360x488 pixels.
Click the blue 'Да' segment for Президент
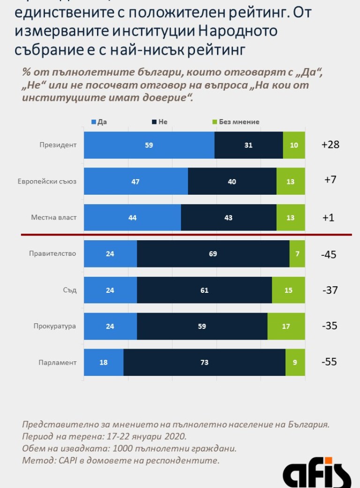[149, 145]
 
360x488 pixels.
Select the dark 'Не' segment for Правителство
[213, 254]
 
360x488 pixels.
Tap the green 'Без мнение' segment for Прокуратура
[286, 326]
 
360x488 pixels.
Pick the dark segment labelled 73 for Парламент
[204, 362]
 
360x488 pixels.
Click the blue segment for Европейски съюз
[136, 182]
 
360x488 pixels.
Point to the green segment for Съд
[288, 290]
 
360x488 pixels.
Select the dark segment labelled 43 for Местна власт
[228, 218]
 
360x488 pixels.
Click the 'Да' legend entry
[99, 122]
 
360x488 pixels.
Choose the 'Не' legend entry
[159, 122]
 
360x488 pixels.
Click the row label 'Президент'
[58, 145]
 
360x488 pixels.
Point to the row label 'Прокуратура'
[54, 326]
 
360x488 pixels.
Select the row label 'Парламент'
[57, 362]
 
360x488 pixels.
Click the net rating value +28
[330, 145]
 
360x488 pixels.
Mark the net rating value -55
[330, 362]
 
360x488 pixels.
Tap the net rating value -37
[330, 290]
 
